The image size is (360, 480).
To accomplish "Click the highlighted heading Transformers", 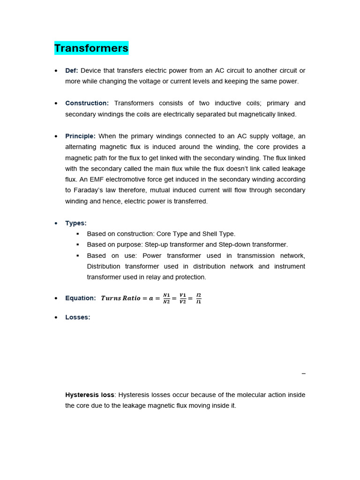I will click(x=91, y=48).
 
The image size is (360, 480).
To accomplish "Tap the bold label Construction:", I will click(x=87, y=103).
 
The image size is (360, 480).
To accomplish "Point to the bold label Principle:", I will click(x=80, y=136).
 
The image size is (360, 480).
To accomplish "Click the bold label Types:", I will click(x=76, y=223).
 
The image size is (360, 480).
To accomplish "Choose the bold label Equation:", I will click(x=80, y=298).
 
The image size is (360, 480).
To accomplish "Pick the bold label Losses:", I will click(x=78, y=317).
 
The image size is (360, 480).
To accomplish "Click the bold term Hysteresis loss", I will click(x=90, y=395).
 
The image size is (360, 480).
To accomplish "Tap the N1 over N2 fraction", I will click(x=166, y=299).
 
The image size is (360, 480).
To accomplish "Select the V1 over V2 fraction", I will click(x=183, y=299).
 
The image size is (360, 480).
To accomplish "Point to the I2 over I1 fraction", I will click(x=199, y=299).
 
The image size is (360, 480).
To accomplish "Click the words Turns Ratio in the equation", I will click(x=120, y=298).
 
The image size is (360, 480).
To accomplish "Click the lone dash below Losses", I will click(x=303, y=374).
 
